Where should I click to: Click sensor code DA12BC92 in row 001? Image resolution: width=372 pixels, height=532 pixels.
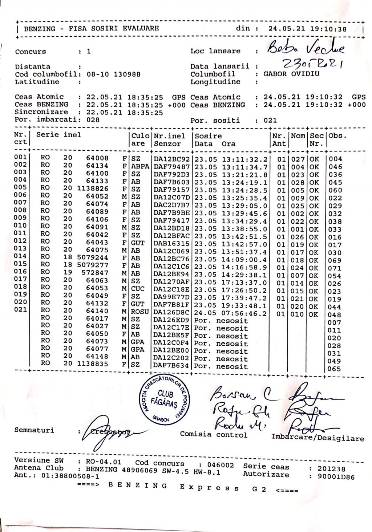(x=171, y=159)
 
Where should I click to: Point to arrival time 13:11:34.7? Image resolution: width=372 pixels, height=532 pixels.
(x=244, y=167)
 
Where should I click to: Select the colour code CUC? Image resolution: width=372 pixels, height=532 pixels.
(x=138, y=289)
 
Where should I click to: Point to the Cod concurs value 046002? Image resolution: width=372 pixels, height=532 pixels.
(x=221, y=465)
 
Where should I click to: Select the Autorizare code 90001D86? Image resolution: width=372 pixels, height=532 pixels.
(x=336, y=477)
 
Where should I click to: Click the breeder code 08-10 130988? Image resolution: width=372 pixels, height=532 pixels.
(x=114, y=74)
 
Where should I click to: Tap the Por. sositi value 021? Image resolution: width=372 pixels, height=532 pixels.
(x=270, y=120)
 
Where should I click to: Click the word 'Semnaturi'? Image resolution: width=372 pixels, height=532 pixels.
(x=34, y=430)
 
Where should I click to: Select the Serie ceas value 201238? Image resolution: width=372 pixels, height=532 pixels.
(x=331, y=469)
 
